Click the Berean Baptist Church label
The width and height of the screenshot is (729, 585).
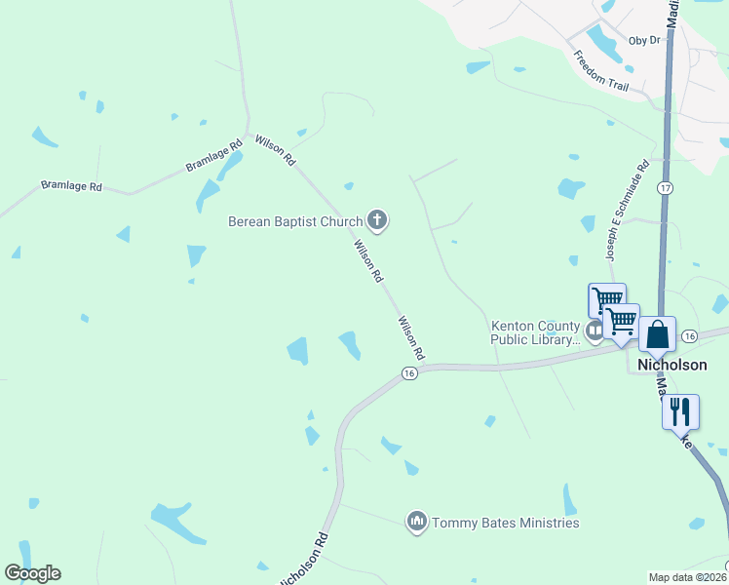coord(294,221)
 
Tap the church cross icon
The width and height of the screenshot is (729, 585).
coord(377,221)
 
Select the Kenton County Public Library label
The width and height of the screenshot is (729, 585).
coord(535,332)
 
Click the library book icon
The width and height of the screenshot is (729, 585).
coord(594,332)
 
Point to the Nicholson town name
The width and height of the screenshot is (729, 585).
coord(671,365)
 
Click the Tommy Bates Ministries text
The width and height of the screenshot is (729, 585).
coord(506,523)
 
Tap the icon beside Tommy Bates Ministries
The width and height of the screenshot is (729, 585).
coord(417,523)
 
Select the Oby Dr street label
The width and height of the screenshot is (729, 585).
coord(644,40)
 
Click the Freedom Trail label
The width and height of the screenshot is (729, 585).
coord(600,70)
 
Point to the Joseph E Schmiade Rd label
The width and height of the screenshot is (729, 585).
coord(627,211)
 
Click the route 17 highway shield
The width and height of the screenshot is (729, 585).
coord(666,187)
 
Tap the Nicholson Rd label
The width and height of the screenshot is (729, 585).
coord(304,559)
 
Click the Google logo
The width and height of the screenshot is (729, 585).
coord(32,573)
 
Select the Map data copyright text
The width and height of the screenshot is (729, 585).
coord(688,577)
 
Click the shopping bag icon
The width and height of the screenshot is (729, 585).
coord(658,333)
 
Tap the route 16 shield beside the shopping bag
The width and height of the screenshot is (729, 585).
coord(690,335)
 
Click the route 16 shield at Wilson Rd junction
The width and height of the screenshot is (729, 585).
coord(409,373)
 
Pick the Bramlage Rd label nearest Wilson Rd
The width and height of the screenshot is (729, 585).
coord(214,157)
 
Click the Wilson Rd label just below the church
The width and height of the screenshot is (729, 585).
coord(368,261)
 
